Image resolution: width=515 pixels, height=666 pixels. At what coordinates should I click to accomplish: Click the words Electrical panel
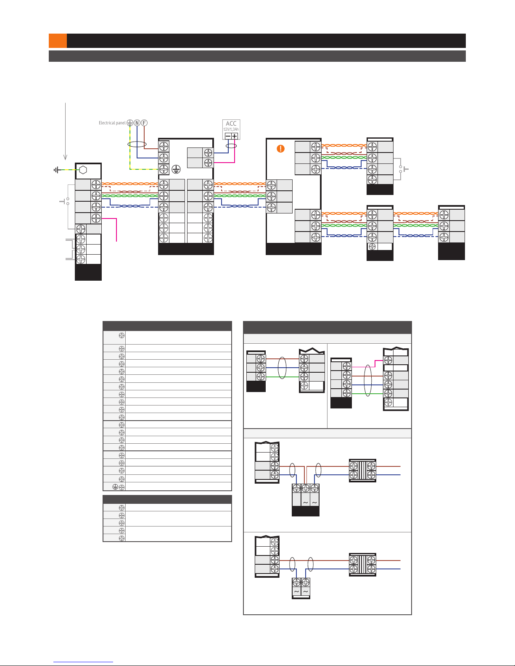coord(112,123)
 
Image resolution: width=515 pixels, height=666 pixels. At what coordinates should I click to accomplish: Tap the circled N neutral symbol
coord(137,123)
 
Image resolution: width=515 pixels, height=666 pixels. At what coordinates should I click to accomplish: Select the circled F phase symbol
coord(144,123)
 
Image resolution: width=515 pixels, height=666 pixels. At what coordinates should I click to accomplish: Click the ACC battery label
coord(231,124)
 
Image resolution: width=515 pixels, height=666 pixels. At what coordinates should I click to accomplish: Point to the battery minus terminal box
coord(227,136)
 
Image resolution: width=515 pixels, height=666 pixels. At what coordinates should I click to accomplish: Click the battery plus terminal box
coord(235,136)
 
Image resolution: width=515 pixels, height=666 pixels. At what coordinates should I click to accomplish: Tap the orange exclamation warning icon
coord(280,148)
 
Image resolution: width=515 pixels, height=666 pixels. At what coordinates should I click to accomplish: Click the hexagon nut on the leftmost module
coord(83,170)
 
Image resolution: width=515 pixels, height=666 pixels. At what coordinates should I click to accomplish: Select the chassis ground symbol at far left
coord(56,170)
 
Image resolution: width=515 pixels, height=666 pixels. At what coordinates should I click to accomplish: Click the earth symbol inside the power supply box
coord(176,169)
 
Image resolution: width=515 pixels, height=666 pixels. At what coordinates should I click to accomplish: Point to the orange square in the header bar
coord(58,41)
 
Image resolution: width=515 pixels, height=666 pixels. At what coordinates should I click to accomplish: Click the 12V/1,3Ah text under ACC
coord(231,129)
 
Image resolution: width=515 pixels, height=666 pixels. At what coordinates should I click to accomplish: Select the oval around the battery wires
coord(231,146)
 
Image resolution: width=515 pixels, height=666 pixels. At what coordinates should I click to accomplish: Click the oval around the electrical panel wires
coord(137,144)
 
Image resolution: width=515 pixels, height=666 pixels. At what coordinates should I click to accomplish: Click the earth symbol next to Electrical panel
coord(130,123)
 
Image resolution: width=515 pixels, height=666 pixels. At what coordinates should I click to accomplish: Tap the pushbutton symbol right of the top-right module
coord(404,169)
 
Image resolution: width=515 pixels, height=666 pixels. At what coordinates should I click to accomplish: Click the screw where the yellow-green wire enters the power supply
coord(164,169)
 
